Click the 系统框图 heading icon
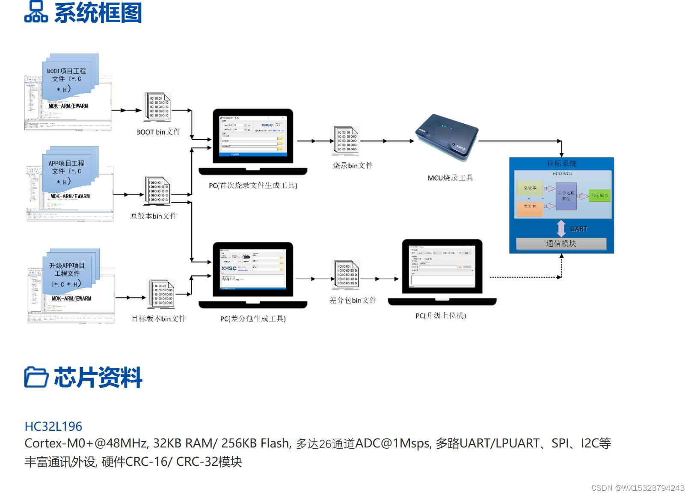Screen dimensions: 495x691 click(36, 12)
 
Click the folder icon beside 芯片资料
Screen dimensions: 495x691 click(36, 377)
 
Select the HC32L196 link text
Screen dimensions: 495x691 click(53, 426)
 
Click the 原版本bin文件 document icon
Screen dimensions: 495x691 click(157, 191)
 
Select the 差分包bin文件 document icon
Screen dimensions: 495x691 click(347, 275)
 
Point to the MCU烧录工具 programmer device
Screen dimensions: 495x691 click(447, 137)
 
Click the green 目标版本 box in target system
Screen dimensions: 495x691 click(599, 196)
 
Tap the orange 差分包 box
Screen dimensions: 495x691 click(530, 208)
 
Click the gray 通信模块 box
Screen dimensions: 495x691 click(561, 244)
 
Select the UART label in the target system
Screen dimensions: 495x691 click(578, 229)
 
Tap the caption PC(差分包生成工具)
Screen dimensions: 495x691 click(253, 319)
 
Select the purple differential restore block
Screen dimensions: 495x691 click(566, 196)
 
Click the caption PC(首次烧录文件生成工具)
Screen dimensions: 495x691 click(253, 185)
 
